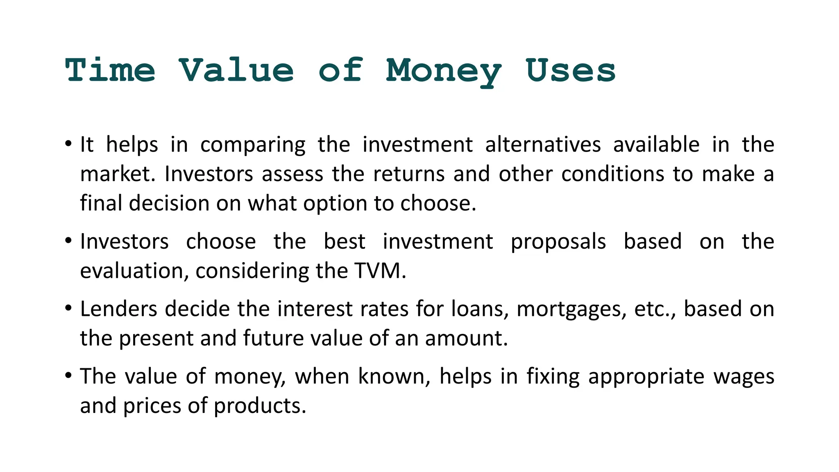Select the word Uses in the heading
[x=570, y=70]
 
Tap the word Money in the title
[x=444, y=71]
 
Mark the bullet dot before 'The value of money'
[x=68, y=375]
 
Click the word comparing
[x=253, y=145]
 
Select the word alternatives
[x=543, y=145]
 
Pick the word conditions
[x=612, y=174]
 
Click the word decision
[x=169, y=203]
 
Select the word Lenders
[x=119, y=309]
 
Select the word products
[x=260, y=406]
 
